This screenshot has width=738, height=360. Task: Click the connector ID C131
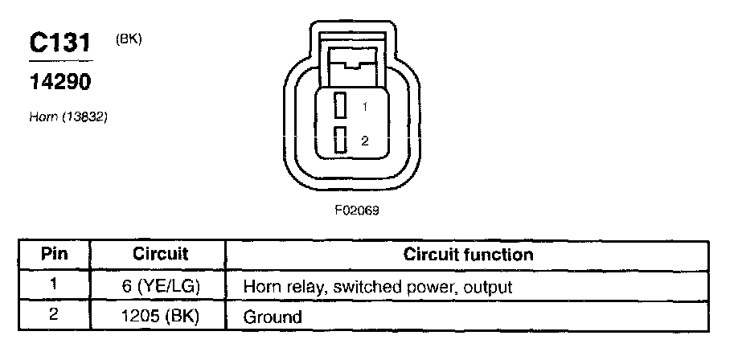[x=60, y=43]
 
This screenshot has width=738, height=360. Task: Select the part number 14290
[x=59, y=82]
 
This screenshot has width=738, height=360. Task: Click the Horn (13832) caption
[x=68, y=117]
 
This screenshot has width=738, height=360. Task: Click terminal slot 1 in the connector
[x=341, y=105]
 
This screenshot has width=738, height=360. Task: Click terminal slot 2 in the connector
[x=341, y=139]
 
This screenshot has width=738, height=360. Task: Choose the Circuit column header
[x=160, y=255]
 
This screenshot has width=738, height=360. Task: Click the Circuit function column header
[x=468, y=255]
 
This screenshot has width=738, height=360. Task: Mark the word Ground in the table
[x=273, y=317]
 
